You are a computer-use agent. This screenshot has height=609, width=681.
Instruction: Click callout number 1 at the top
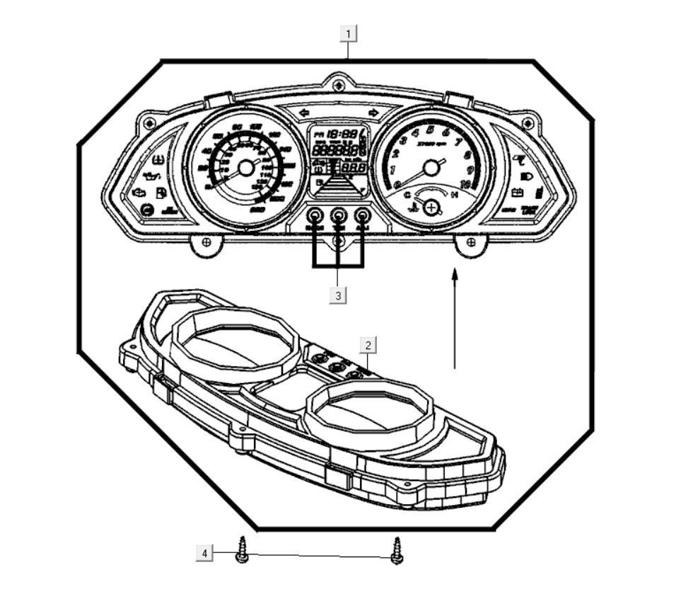point(349,33)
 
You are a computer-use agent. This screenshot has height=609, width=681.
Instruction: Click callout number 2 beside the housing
point(368,345)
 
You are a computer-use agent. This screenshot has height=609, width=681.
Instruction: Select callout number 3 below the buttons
point(338,295)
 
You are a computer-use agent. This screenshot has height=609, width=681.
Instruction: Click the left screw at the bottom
point(242,550)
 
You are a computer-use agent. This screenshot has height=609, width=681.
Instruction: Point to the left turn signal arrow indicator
point(305,113)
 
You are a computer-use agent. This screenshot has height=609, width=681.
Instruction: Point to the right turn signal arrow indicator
point(373,113)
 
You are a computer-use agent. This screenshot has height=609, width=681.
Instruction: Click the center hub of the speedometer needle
point(245,168)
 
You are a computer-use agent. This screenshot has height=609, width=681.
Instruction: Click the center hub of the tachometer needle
point(430,168)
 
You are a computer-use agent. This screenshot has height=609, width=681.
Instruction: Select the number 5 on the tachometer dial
point(431,129)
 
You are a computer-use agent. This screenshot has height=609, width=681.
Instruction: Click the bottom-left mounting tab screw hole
point(206,243)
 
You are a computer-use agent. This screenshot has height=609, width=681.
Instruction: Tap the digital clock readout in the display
point(345,134)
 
